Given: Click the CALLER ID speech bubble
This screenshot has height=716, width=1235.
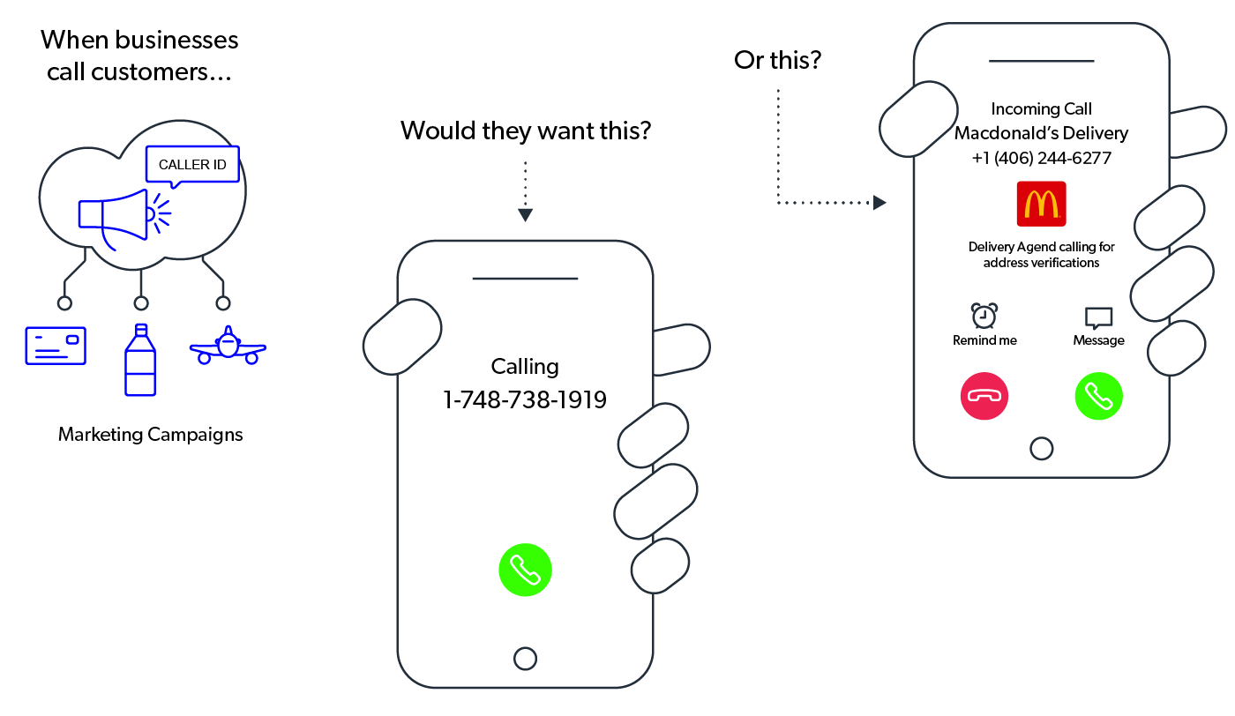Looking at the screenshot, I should [192, 164].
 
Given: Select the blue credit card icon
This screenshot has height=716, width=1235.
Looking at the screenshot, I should [56, 345].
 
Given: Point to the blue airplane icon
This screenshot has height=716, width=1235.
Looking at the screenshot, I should [228, 347].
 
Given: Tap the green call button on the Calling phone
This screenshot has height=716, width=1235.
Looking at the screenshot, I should [525, 570].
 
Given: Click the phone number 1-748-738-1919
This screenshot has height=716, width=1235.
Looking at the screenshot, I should [525, 399].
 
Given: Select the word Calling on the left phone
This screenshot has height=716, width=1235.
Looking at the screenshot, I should [525, 366].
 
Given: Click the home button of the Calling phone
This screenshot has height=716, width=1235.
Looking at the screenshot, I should [525, 659].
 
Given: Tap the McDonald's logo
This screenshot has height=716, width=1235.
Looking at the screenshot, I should [1041, 204].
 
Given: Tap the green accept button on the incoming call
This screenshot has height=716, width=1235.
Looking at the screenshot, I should [1098, 396].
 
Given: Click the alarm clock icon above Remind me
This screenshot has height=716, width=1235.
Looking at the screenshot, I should [984, 315].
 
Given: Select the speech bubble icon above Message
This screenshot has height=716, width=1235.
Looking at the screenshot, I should [1098, 317].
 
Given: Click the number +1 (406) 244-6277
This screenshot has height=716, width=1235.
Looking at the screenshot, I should [1041, 158].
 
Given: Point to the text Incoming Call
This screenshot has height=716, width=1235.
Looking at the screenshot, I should [1041, 108].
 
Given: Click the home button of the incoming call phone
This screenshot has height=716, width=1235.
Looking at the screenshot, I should [1041, 448].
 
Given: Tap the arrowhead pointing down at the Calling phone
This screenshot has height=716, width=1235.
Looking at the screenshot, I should [525, 214].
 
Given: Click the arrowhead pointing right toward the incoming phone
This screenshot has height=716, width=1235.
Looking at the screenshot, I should [879, 203].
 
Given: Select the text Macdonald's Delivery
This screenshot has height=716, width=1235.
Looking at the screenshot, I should [1041, 133].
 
